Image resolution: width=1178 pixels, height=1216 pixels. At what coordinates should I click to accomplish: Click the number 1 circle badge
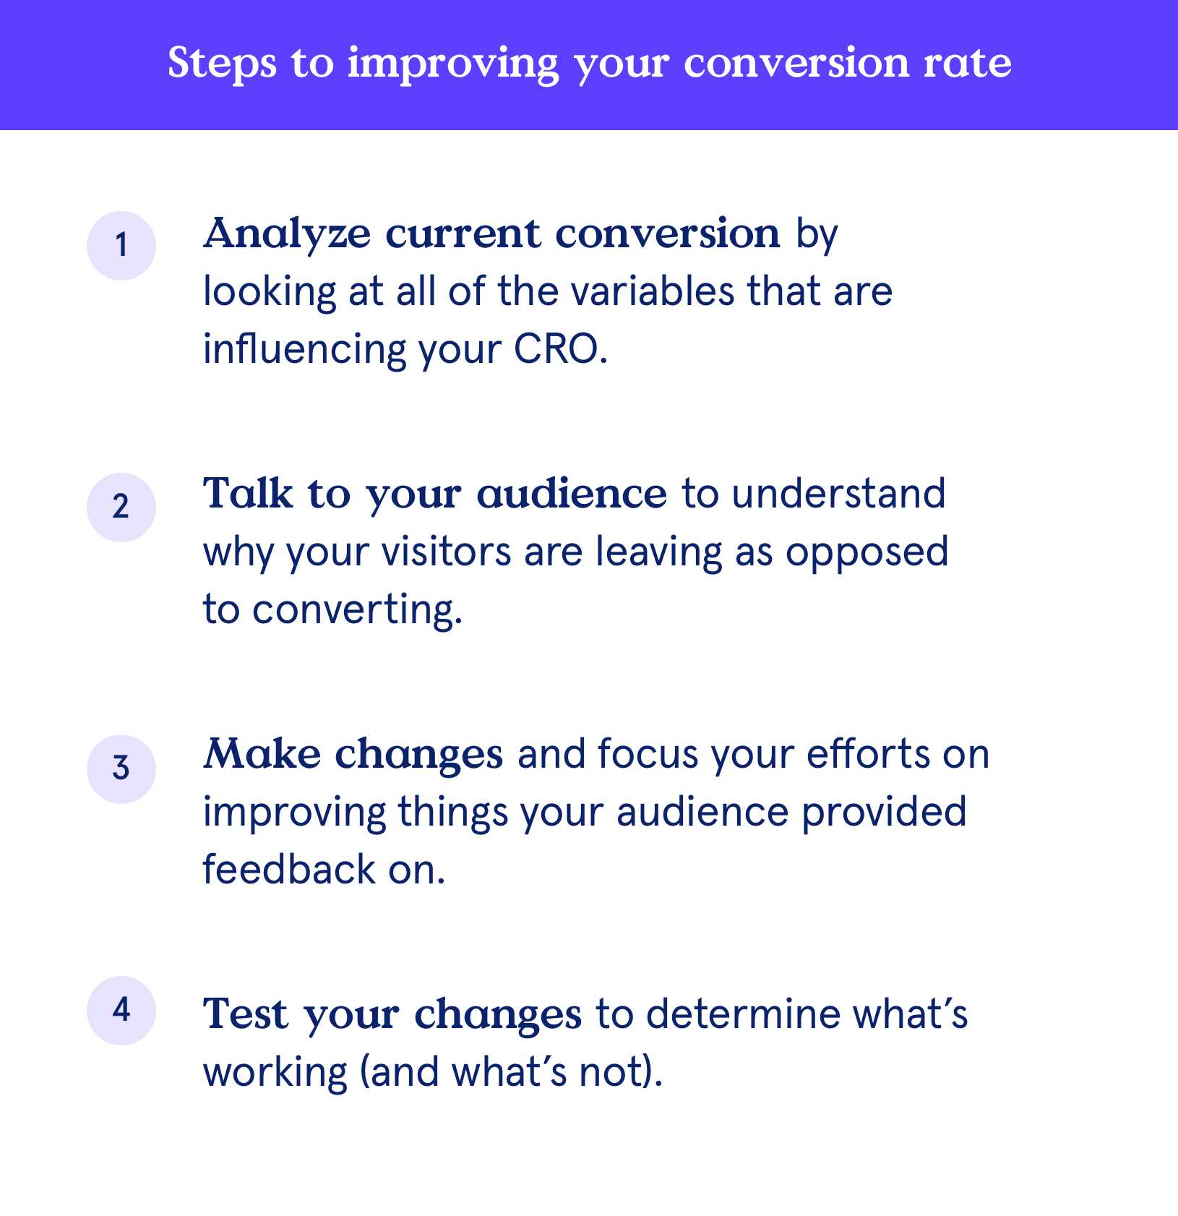coord(121,246)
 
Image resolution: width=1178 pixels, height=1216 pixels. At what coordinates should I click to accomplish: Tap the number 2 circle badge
coord(121,507)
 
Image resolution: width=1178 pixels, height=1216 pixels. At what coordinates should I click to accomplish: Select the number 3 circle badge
coord(121,768)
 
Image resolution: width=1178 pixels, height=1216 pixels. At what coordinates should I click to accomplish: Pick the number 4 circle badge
coord(121,1010)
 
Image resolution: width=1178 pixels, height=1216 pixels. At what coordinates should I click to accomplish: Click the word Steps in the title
coord(222,64)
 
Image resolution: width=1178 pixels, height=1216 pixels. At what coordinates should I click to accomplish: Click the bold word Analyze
coord(287,235)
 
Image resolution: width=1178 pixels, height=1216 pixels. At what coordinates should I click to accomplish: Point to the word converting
coord(357,610)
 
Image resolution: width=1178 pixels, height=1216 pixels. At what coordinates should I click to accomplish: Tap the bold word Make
coord(262,755)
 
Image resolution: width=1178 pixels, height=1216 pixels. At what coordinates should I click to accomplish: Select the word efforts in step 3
coord(868,755)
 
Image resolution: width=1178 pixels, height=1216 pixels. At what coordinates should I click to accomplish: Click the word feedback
coord(289,870)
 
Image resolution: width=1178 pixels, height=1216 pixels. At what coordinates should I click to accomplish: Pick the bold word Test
coord(246,1015)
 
